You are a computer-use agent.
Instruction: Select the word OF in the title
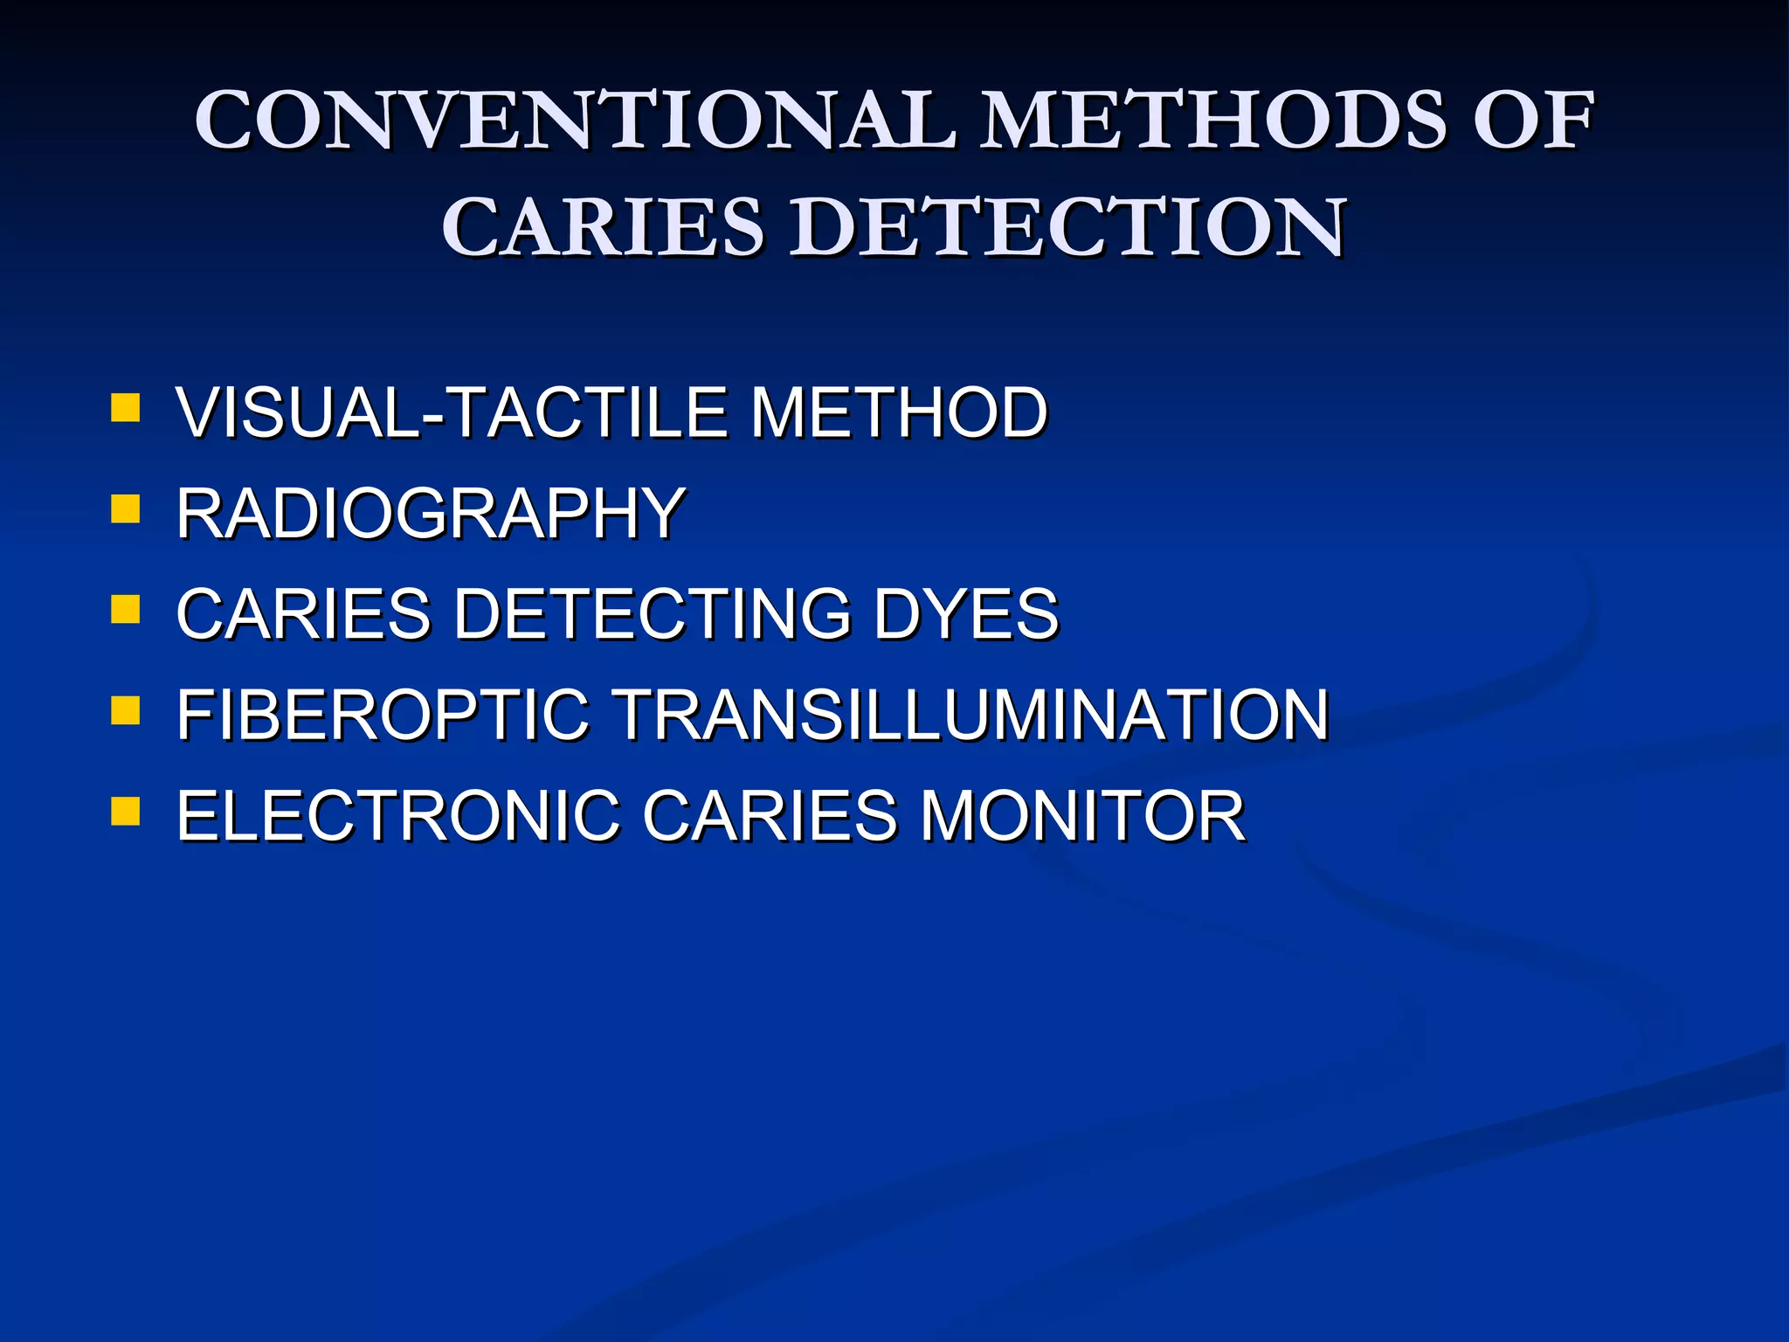(1534, 120)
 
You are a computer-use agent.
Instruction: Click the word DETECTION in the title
(1067, 227)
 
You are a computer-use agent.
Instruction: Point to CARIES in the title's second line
(604, 227)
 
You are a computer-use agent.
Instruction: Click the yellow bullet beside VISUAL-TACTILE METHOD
(126, 408)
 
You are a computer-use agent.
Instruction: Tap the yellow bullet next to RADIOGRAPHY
(126, 508)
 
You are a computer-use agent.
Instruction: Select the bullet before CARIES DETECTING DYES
(126, 609)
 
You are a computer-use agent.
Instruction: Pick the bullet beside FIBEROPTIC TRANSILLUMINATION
(126, 710)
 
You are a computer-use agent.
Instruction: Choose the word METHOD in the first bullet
(899, 412)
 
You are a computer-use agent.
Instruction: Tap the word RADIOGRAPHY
(431, 513)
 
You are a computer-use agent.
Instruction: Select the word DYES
(966, 613)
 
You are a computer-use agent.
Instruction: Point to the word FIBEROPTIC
(383, 715)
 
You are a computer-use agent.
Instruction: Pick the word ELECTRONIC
(397, 816)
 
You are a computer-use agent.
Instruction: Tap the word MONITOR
(1082, 816)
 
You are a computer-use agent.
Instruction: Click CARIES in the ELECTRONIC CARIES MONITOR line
(770, 816)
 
